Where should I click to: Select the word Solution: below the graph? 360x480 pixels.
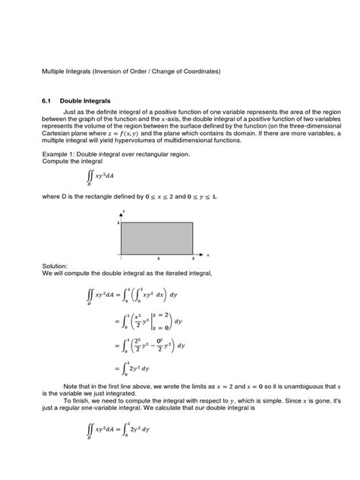55,267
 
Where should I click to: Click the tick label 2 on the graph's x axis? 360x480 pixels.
190,257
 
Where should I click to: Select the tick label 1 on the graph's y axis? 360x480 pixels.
118,223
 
